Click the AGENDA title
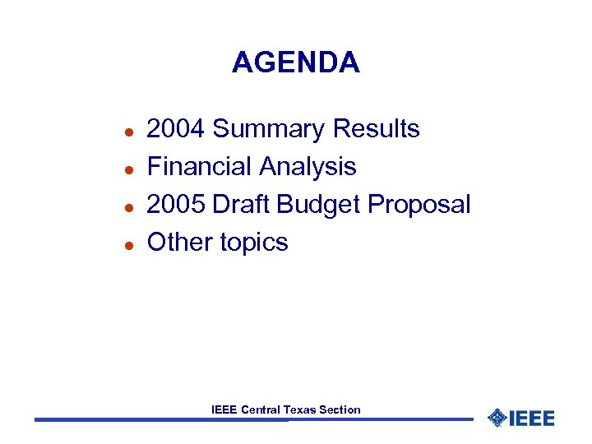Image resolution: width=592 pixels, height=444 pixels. tap(296, 62)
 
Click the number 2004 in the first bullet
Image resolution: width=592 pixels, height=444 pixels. tap(176, 129)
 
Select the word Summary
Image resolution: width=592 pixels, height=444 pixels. tap(269, 129)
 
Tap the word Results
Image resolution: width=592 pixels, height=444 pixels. tap(376, 129)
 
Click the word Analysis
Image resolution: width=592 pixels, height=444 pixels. tap(308, 167)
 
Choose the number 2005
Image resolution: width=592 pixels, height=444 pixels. tap(176, 204)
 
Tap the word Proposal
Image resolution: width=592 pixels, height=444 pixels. tap(419, 204)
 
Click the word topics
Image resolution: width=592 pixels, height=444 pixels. tap(254, 243)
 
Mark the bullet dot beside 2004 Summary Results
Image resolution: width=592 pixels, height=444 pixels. tap(118, 132)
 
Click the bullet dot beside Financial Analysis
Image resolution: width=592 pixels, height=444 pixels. tap(118, 169)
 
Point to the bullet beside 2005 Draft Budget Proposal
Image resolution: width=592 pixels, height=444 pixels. tap(118, 206)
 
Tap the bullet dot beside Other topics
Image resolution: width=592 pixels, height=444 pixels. tap(118, 244)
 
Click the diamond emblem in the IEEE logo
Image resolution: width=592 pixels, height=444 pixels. tap(497, 418)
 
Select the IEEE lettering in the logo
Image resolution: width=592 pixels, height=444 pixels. tap(531, 418)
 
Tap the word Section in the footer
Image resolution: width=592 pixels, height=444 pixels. tap(340, 409)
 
